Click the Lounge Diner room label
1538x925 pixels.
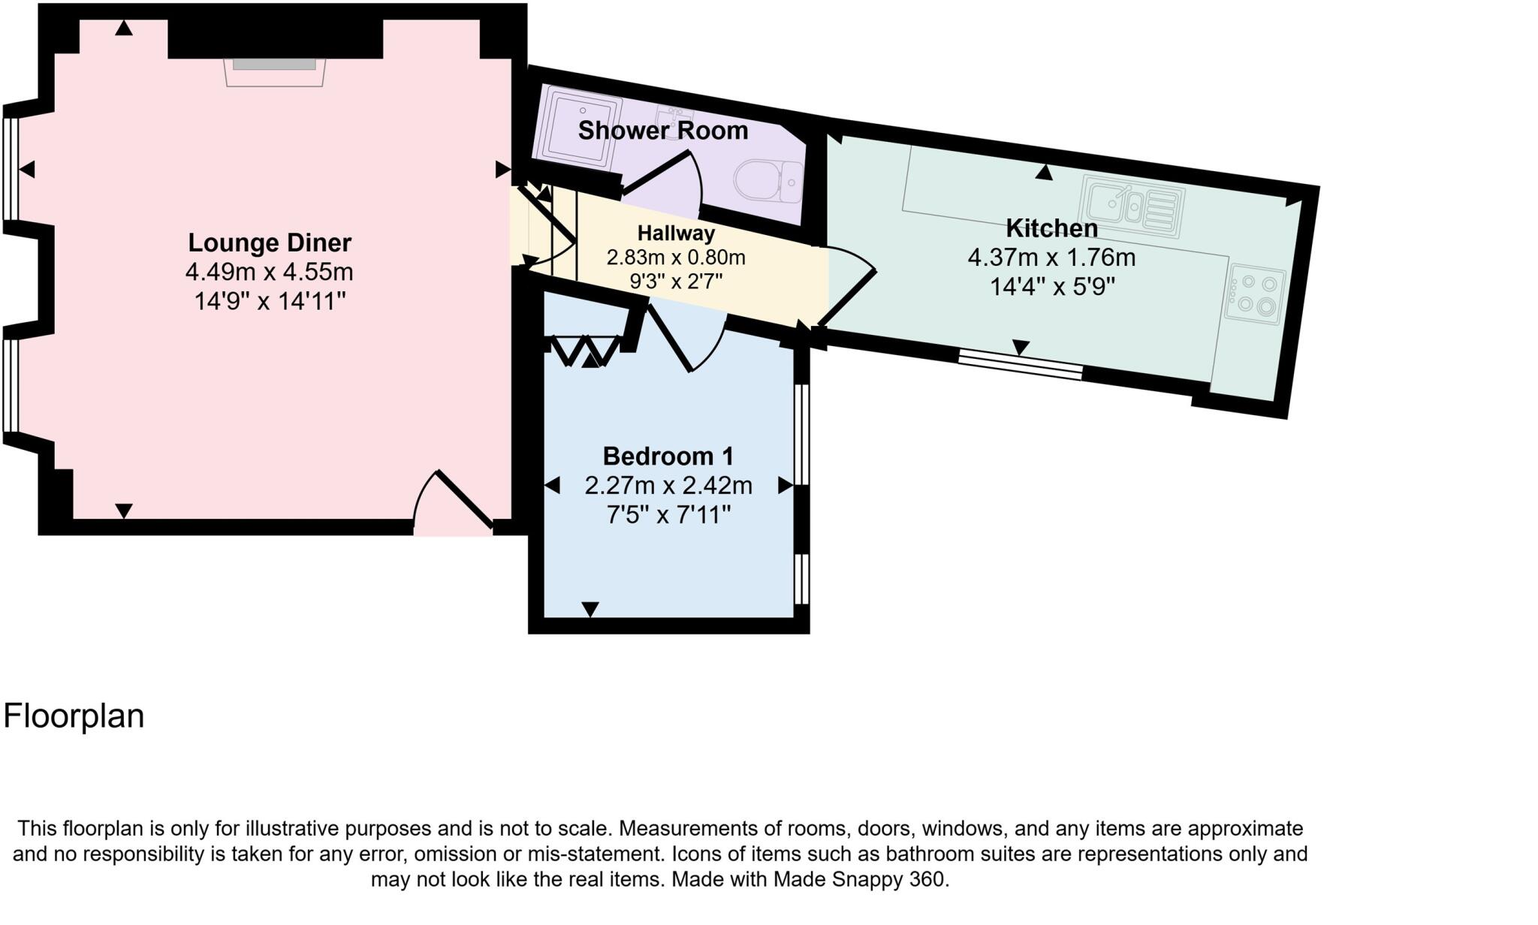click(269, 243)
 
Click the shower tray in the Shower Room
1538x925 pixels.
click(576, 128)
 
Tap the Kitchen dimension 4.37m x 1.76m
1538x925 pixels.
click(1051, 258)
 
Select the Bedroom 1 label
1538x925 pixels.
click(668, 456)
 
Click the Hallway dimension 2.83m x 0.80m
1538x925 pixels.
click(675, 258)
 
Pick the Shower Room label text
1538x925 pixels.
click(662, 131)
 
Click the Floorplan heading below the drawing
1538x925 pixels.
click(74, 716)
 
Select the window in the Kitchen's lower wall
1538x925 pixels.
click(1020, 365)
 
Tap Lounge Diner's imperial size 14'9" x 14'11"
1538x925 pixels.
click(269, 301)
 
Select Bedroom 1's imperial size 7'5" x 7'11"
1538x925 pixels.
click(668, 515)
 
